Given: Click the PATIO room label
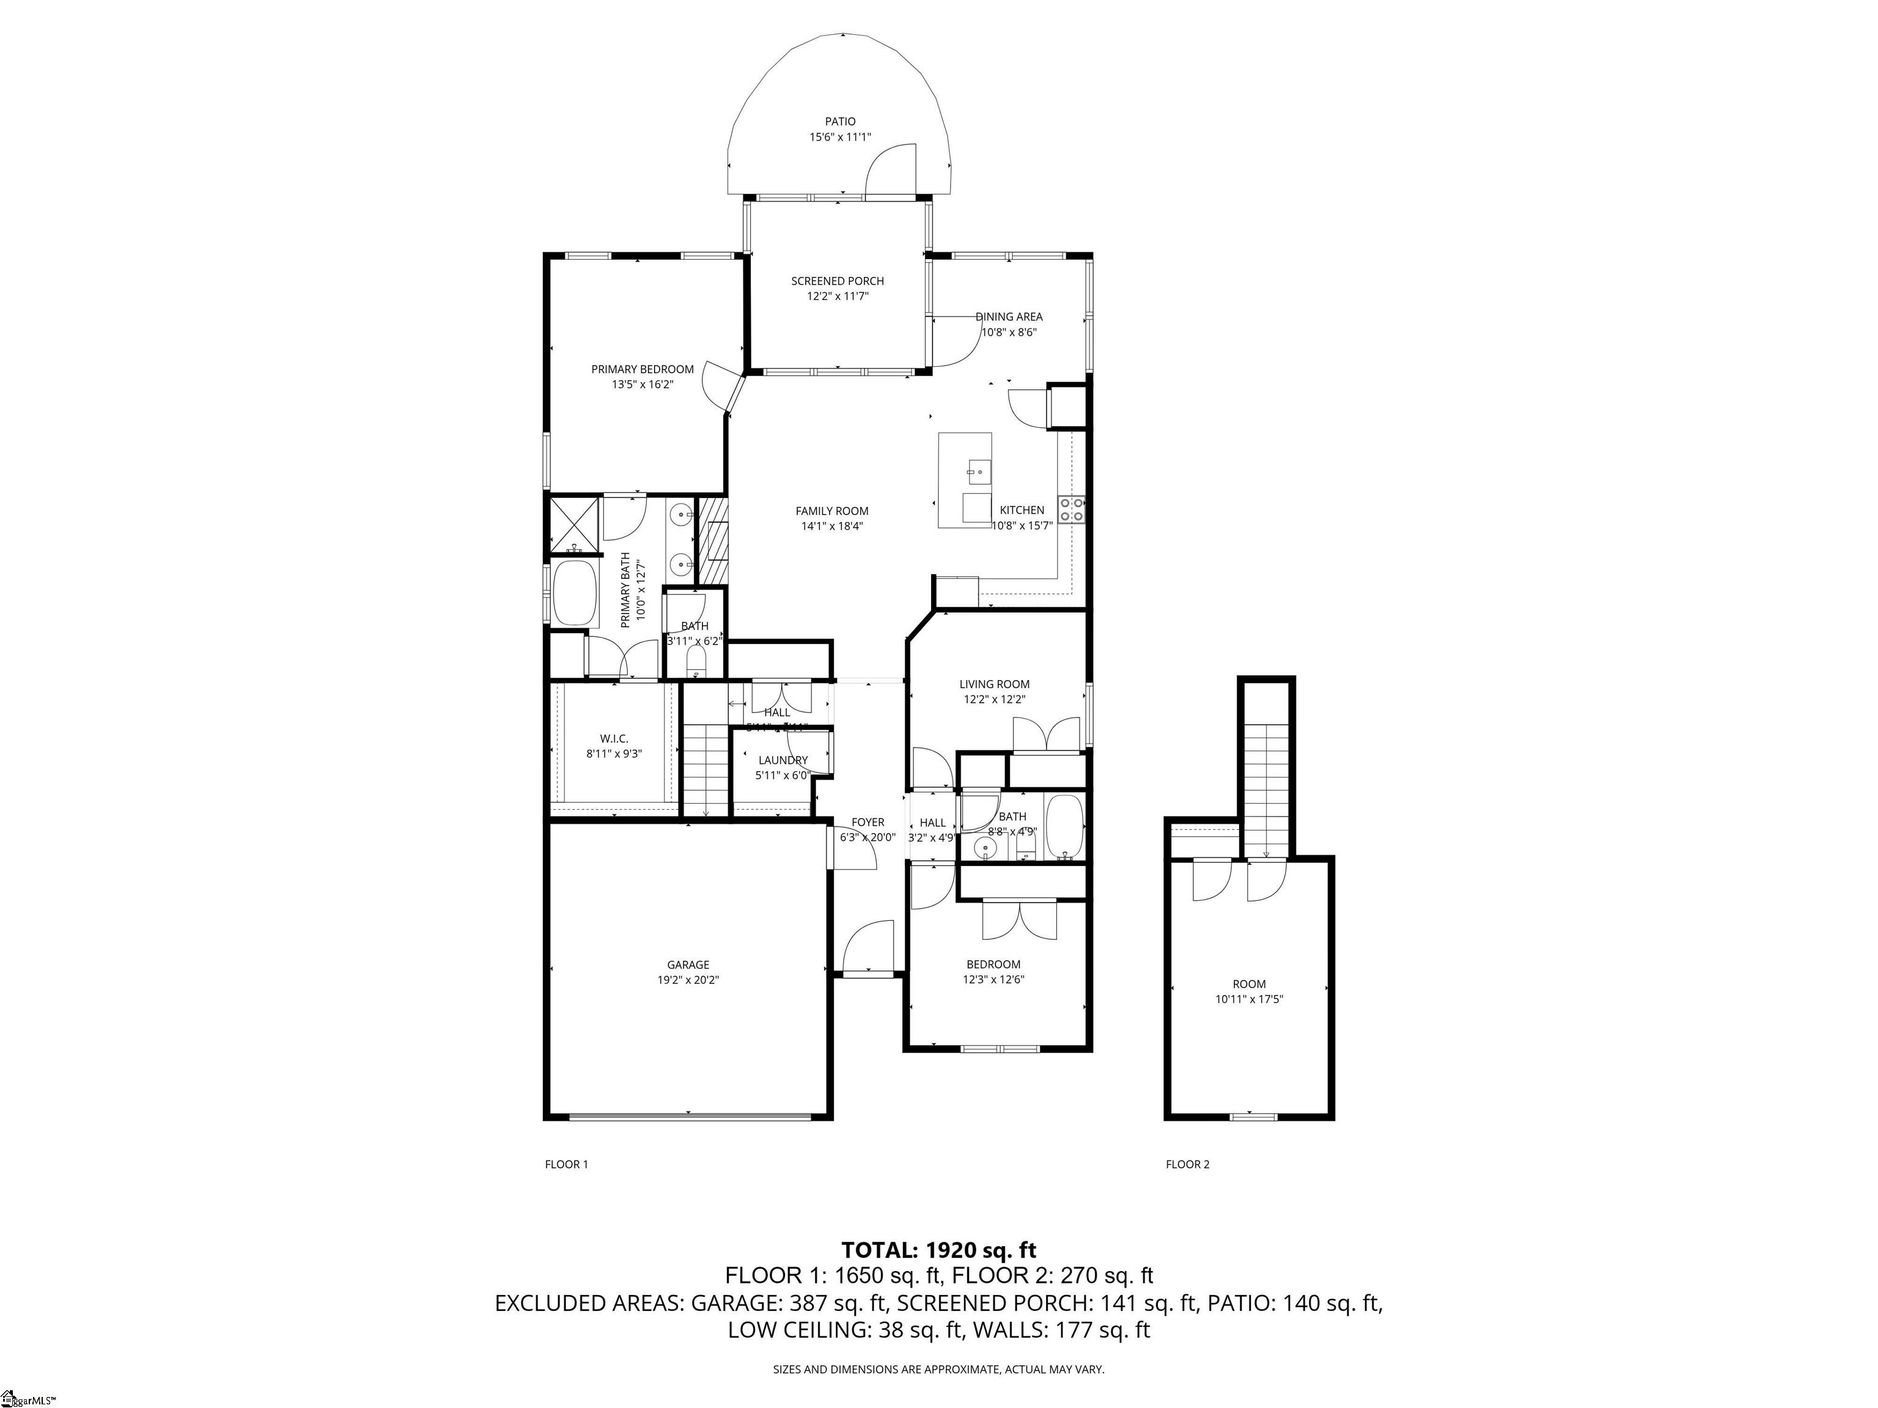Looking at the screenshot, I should (840, 122).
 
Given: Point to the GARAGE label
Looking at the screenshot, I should (688, 964).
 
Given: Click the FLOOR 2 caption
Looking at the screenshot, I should (1187, 1164).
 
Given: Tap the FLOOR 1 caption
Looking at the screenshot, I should (566, 1164).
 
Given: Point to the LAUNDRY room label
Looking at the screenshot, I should (782, 760).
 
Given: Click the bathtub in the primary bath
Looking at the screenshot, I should (576, 592).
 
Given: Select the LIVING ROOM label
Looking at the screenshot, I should (994, 683).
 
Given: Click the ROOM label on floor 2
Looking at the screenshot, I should (1249, 984).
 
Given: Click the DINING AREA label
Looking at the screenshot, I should (1009, 317).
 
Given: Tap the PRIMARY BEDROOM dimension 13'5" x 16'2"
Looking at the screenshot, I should (642, 384).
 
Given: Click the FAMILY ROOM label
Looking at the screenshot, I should (831, 510).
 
